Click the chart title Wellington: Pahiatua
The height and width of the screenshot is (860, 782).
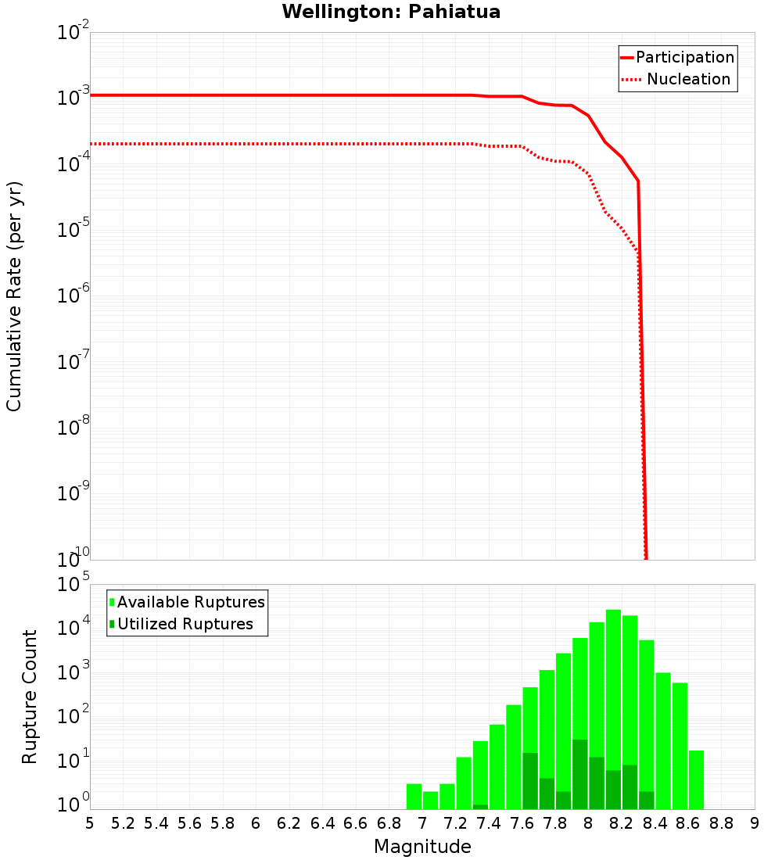coord(391,12)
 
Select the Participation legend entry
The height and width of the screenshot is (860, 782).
coord(677,57)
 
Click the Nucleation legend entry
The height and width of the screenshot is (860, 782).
coord(677,79)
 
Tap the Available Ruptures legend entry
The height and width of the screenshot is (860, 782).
coord(188,602)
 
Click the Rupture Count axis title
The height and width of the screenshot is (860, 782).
coord(30,696)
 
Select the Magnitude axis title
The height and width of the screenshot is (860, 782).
coord(422,847)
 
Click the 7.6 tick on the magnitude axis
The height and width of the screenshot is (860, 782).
coord(522,823)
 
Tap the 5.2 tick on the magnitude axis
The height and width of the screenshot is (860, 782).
coord(123,823)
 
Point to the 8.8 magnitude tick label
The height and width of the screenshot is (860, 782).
coord(721,823)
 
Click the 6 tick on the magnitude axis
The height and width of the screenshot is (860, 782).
coord(256,823)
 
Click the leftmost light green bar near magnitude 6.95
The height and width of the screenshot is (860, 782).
coord(414,796)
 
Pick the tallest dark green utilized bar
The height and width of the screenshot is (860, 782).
coord(579,774)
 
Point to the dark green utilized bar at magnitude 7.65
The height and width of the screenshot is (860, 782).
coord(530,781)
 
